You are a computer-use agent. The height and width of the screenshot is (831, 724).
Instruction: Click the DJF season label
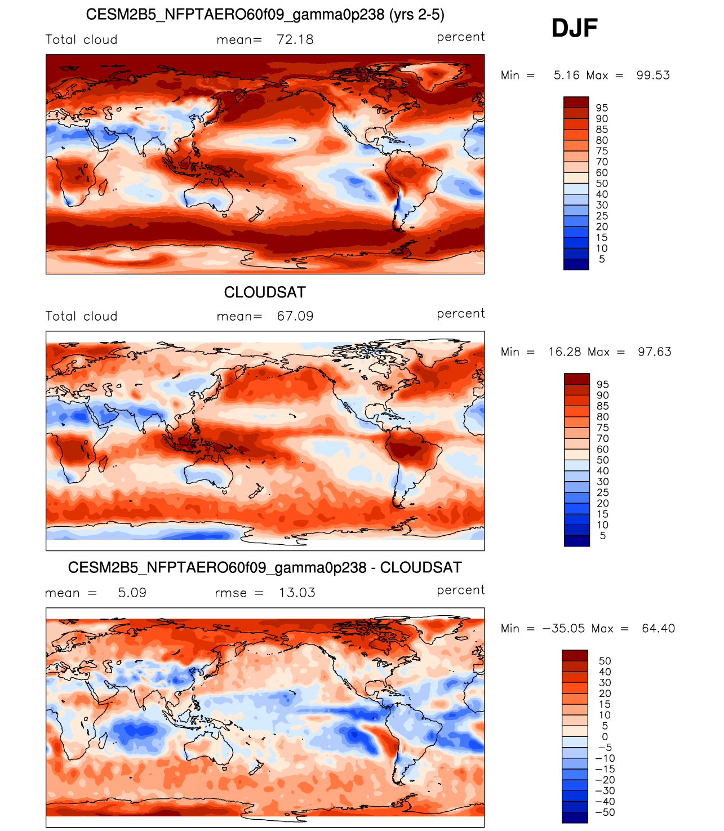574,28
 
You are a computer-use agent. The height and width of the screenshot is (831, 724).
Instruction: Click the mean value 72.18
295,40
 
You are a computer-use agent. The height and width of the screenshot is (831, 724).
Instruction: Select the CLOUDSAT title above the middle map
265,292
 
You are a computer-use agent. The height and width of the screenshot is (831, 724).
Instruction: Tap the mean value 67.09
295,316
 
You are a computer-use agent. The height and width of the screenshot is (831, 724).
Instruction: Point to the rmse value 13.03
297,593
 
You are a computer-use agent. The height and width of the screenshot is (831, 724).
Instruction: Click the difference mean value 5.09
132,593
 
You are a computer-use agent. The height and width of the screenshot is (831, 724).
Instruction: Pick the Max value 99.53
653,75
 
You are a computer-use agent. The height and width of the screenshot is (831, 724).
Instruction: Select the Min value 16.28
565,352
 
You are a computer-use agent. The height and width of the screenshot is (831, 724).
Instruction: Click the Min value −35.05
563,628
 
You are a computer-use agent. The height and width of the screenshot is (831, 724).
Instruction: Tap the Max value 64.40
658,628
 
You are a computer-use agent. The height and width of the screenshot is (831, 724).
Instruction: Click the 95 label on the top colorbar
602,108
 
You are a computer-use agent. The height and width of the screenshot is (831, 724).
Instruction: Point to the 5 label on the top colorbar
602,259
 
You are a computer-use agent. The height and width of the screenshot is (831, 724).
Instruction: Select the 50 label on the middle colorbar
603,460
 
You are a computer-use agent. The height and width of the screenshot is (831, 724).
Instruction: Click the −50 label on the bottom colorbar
605,812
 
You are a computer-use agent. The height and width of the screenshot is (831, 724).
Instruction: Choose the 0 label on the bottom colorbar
605,736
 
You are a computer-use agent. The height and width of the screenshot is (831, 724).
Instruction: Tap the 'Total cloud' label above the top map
81,40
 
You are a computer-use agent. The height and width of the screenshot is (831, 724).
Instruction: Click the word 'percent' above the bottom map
460,590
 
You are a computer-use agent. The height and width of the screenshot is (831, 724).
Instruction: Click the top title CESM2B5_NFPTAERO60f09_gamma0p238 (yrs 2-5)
265,15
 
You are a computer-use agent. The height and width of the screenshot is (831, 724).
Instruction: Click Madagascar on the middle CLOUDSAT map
103,464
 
